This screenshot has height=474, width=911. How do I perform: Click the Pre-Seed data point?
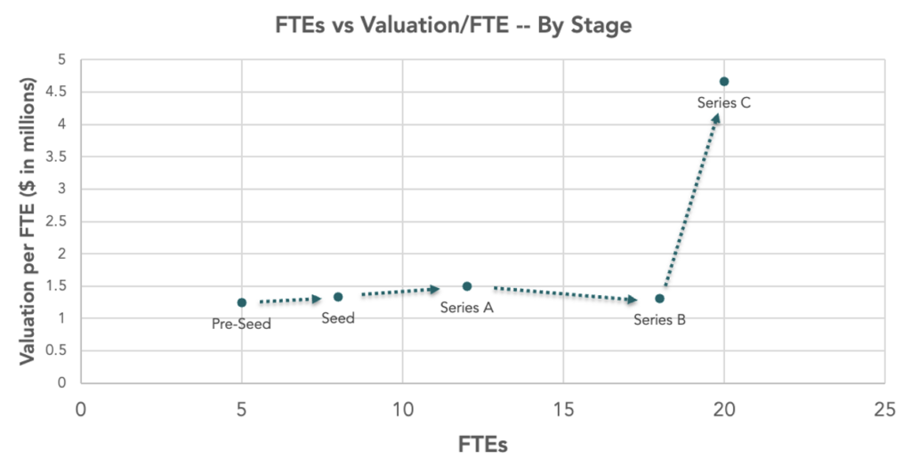tap(242, 302)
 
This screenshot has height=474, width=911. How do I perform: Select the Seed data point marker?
tap(338, 297)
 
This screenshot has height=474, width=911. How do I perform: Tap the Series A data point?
tap(467, 286)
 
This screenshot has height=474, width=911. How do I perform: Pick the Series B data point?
tap(659, 299)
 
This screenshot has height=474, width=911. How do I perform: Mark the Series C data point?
tap(724, 82)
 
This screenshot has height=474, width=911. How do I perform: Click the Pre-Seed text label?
tap(241, 325)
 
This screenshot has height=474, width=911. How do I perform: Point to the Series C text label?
tap(724, 103)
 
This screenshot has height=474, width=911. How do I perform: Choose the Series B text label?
tap(659, 320)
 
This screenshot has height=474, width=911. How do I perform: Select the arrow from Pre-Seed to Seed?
tap(290, 301)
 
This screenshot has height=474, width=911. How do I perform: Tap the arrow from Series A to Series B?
tap(565, 293)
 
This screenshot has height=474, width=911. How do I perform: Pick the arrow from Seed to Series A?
tap(401, 291)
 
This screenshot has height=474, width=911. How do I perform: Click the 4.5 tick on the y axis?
tap(60, 92)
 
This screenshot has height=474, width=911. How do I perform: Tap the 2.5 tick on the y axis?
tap(60, 221)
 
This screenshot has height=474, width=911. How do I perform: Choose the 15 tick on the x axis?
tap(562, 410)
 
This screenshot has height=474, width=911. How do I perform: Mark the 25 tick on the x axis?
tap(883, 410)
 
